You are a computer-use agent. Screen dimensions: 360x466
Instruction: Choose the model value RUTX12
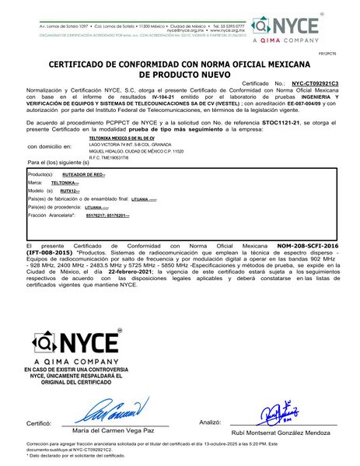tap(69, 190)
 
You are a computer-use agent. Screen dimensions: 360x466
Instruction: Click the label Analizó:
tap(210, 422)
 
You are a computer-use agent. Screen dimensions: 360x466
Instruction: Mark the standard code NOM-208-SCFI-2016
tap(310, 246)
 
